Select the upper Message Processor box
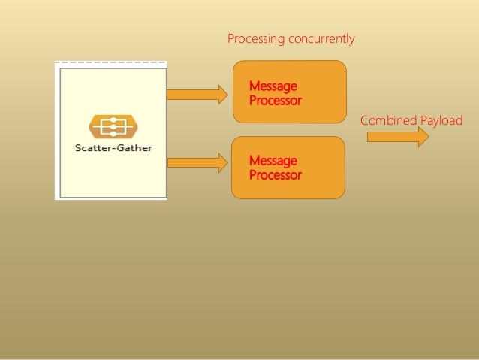290,91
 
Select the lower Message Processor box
288,168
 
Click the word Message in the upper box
273,86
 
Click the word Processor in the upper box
276,100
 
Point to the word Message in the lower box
273,161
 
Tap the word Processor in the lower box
276,175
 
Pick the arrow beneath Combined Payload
397,137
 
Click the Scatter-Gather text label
113,147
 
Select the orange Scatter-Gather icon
113,126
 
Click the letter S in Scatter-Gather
78,147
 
